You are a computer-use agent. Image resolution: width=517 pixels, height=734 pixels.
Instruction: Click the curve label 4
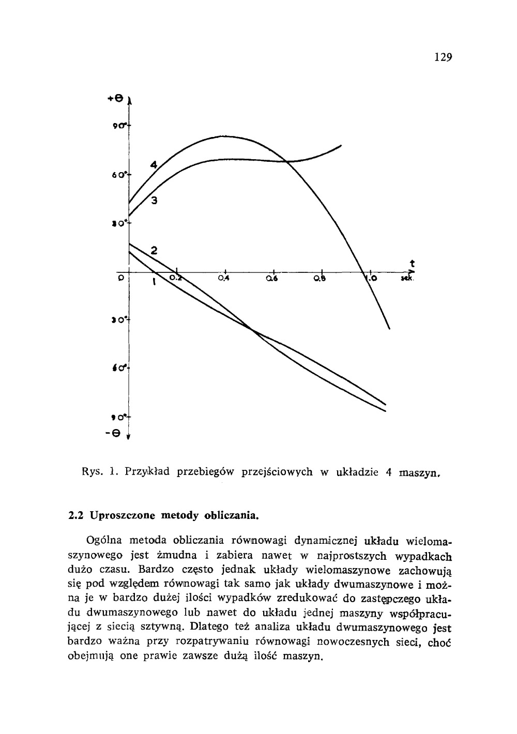coord(154,165)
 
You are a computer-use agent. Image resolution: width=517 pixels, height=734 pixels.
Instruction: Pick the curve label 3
coord(154,201)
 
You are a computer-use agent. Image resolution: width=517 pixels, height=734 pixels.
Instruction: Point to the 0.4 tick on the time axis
coord(224,279)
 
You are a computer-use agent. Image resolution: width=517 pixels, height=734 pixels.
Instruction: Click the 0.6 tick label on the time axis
coord(272,279)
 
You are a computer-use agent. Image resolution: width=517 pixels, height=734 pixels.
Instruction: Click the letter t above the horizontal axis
coord(412,263)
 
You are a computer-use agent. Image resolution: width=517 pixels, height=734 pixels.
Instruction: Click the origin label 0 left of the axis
coord(120,278)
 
